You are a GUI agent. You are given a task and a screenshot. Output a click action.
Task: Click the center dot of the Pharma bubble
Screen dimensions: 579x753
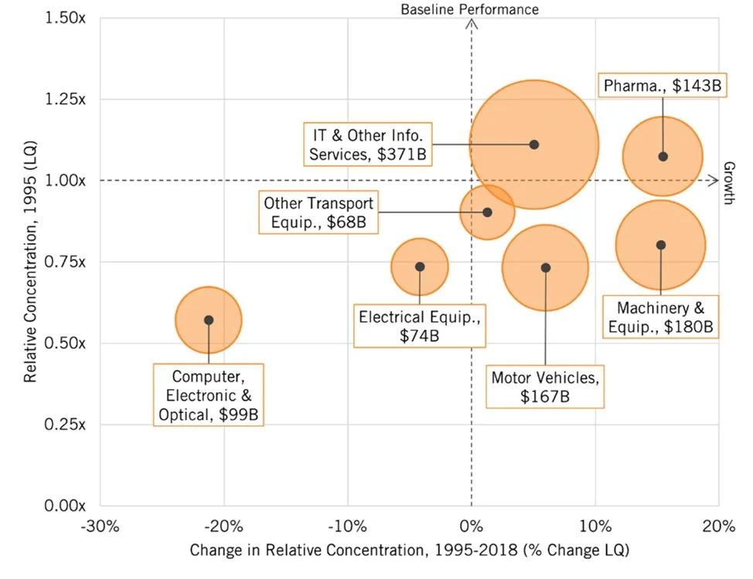pos(663,157)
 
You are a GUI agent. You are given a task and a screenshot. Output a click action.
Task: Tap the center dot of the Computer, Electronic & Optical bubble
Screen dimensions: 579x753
pos(209,320)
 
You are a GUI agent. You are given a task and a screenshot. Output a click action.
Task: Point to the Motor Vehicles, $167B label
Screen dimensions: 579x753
pos(545,388)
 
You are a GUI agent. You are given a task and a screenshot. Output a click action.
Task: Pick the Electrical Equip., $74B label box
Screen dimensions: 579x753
pos(420,326)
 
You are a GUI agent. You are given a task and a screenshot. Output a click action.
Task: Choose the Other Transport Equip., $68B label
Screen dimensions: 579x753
pos(319,213)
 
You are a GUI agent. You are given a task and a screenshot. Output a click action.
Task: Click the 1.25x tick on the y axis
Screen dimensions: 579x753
pos(66,100)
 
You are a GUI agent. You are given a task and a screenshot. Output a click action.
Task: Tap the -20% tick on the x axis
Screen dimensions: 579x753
pos(224,527)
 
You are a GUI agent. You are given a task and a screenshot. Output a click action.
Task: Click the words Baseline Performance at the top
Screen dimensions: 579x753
pos(469,9)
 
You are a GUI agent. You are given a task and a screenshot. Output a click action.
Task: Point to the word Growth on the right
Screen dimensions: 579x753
pos(728,183)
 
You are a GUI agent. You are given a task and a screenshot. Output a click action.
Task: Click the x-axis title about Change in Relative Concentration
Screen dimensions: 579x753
pos(410,550)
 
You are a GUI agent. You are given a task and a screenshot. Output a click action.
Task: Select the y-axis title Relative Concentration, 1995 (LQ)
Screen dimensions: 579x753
pos(31,262)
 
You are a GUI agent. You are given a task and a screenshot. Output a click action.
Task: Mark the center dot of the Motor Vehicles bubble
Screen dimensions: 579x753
pos(546,268)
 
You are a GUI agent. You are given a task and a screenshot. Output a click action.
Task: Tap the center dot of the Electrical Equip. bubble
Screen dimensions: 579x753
pos(420,266)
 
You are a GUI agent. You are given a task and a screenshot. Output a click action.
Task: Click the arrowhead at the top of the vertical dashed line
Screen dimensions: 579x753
pos(472,24)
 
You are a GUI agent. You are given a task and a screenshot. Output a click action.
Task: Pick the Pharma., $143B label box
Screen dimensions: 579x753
pos(662,86)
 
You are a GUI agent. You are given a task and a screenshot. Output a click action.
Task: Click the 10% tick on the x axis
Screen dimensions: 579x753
pos(595,527)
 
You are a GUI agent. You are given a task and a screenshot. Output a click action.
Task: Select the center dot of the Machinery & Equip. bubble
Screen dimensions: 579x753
pos(661,245)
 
